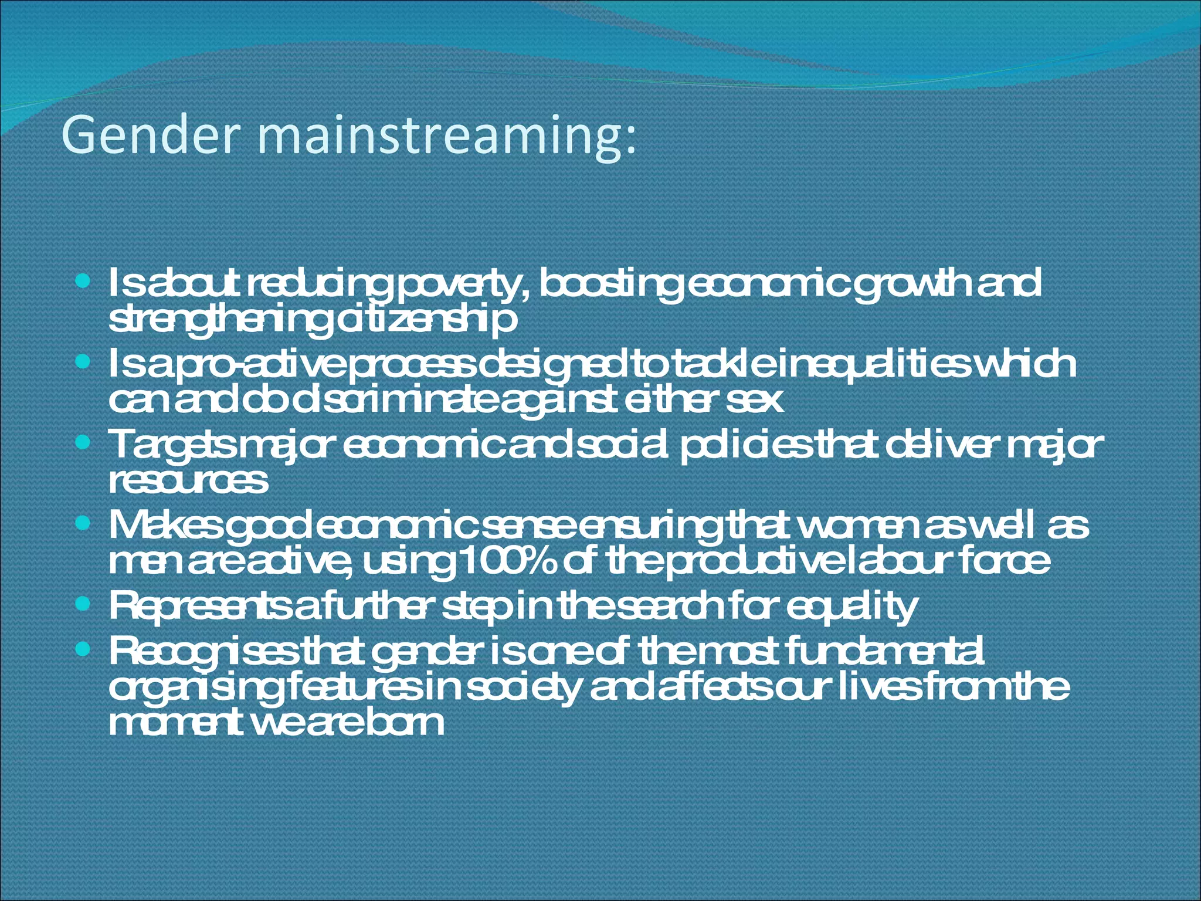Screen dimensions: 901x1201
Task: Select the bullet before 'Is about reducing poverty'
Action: pyautogui.click(x=83, y=283)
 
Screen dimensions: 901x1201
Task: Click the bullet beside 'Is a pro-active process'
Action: pyautogui.click(x=83, y=364)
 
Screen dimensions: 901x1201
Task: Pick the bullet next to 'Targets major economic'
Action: pyautogui.click(x=83, y=444)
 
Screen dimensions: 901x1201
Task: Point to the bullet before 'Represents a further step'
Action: pyautogui.click(x=83, y=604)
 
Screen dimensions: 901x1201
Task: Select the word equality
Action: pyautogui.click(x=850, y=608)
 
